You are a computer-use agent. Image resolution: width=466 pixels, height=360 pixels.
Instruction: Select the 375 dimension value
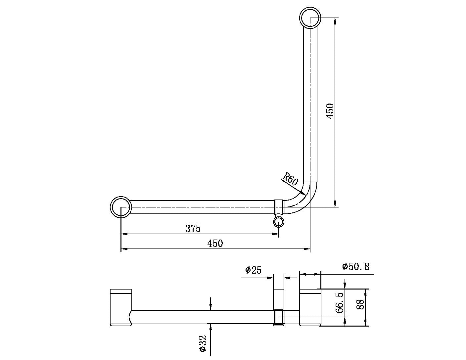coord(193,228)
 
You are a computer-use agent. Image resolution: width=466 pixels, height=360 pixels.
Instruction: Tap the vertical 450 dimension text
coord(330,111)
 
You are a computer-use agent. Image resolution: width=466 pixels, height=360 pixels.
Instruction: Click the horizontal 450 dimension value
coord(215,244)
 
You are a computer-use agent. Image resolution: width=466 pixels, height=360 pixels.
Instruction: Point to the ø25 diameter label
coord(253,270)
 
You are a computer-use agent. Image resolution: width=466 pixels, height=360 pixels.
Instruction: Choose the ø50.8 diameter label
coord(356,266)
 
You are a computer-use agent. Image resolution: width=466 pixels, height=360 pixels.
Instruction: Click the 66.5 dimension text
coord(339,302)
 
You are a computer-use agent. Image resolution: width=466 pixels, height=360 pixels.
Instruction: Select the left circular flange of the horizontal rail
coord(121,207)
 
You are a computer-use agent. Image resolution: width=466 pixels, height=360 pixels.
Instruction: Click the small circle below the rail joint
coord(279,222)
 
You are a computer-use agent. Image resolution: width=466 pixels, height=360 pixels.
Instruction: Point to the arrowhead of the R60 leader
coord(303,193)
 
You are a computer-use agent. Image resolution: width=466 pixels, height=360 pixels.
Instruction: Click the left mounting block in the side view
coord(121,308)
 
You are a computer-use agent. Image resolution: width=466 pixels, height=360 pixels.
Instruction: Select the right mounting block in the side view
coord(310,308)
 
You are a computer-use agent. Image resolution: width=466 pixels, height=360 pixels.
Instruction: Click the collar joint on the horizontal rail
coord(279,207)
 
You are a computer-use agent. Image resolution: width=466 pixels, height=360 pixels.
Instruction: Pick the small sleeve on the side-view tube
coord(279,317)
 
